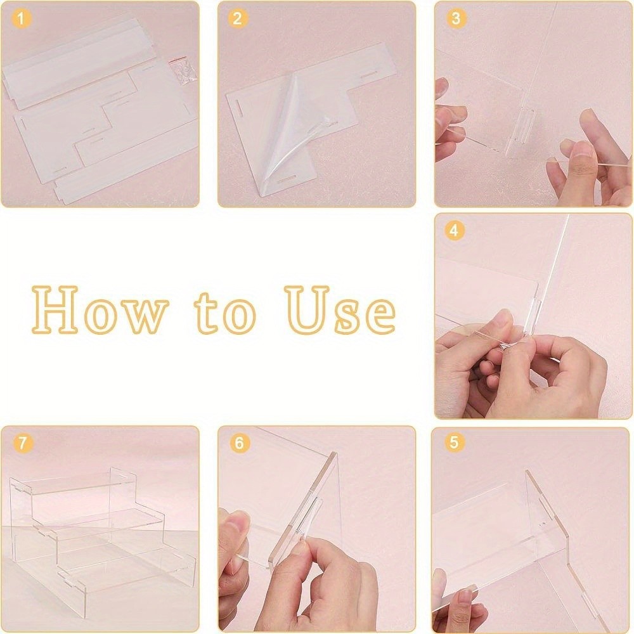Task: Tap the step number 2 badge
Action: tap(237, 18)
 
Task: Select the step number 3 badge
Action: tap(455, 18)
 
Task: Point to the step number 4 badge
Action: tap(453, 231)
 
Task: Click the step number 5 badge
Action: tap(454, 442)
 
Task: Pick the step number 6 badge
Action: tap(238, 443)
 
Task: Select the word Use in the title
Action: tap(339, 311)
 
